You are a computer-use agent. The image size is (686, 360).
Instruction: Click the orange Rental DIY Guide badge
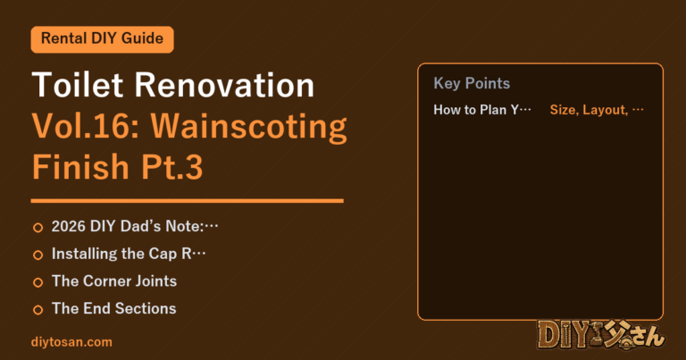click(x=103, y=39)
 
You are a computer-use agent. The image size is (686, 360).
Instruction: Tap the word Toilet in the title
click(x=78, y=85)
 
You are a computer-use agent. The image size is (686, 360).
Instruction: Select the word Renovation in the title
click(x=224, y=85)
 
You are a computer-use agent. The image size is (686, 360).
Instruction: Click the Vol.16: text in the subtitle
click(x=86, y=127)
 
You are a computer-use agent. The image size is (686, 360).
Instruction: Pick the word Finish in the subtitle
click(x=80, y=167)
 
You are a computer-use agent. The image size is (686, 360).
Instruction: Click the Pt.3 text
click(x=171, y=167)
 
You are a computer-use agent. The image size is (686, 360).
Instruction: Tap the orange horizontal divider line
click(x=188, y=201)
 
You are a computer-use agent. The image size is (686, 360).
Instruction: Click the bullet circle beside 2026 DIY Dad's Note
click(x=38, y=228)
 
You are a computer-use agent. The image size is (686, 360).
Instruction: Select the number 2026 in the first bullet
click(x=69, y=226)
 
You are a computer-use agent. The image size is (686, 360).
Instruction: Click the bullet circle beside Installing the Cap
click(x=38, y=255)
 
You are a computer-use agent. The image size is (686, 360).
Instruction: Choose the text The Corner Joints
click(x=114, y=280)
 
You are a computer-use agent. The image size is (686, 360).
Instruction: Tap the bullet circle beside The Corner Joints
click(x=38, y=282)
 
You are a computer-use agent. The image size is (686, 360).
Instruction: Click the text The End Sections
click(x=113, y=308)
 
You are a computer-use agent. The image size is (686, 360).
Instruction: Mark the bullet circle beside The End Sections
click(x=38, y=310)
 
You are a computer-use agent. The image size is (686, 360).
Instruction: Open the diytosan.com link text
click(x=71, y=342)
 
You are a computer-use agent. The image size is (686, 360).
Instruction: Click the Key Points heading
click(x=472, y=83)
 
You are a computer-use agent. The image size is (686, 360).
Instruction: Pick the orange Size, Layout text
click(x=589, y=110)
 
